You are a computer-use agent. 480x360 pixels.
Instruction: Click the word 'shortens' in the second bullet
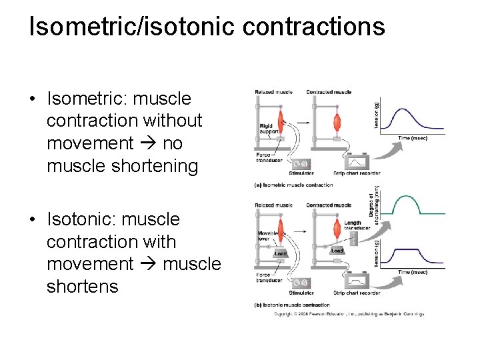tap(82, 287)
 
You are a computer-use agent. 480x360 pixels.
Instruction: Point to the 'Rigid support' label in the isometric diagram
tap(268, 129)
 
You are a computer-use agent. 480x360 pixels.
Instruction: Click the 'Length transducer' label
tap(353, 226)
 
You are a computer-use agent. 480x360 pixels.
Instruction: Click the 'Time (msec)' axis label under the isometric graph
tap(413, 137)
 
